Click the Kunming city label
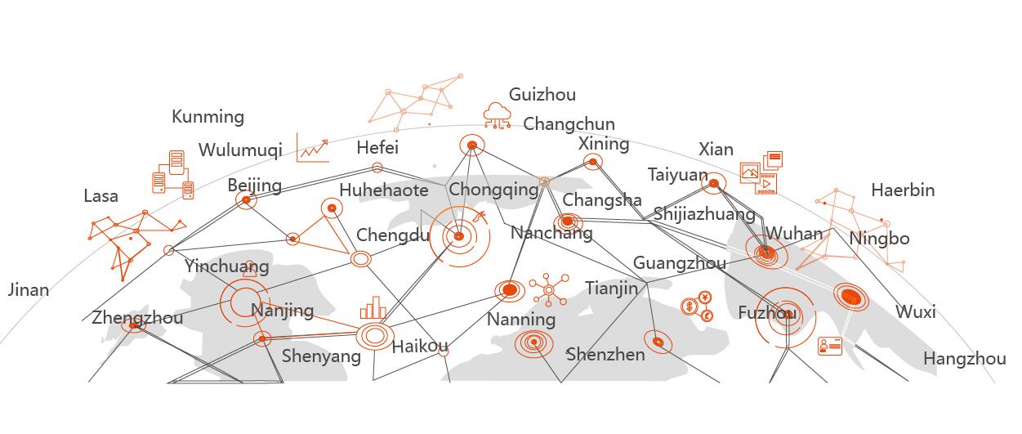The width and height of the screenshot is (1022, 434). click(208, 117)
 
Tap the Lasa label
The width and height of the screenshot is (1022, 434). click(100, 196)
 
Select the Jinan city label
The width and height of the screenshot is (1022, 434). click(28, 289)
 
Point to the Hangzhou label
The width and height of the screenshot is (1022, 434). click(964, 359)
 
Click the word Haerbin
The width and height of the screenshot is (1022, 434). click(902, 190)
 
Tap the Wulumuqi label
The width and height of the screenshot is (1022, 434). click(240, 150)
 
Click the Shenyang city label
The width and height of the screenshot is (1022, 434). click(321, 356)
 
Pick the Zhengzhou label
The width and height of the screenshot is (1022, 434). click(137, 318)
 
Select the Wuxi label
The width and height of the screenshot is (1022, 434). click(915, 312)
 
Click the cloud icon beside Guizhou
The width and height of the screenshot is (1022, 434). click(497, 114)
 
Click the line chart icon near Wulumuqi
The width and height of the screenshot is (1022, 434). click(313, 149)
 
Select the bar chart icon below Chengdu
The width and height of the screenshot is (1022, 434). click(373, 307)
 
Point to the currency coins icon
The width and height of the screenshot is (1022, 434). click(698, 306)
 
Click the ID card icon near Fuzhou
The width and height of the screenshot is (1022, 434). click(829, 346)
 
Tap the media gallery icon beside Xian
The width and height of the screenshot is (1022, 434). click(761, 172)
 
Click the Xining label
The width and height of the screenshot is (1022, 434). click(604, 144)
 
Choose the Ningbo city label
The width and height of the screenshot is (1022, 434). click(879, 239)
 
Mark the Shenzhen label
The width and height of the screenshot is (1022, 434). click(605, 355)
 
